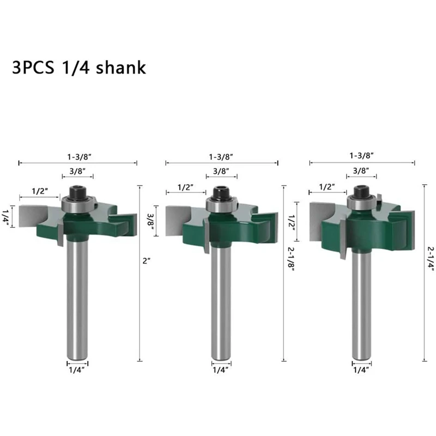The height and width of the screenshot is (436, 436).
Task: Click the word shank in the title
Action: [120, 67]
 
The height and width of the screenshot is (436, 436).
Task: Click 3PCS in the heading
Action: [33, 68]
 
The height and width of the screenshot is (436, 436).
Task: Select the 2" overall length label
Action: [146, 261]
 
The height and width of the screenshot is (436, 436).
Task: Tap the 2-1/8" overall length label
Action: [291, 258]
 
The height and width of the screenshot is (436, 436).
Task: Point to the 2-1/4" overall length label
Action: [431, 258]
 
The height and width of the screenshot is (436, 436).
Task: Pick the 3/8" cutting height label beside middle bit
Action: [150, 221]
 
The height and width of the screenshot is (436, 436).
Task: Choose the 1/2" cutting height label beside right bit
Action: [292, 222]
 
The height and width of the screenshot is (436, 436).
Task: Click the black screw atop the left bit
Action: [77, 192]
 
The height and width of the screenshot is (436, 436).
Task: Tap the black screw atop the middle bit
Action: [221, 193]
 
